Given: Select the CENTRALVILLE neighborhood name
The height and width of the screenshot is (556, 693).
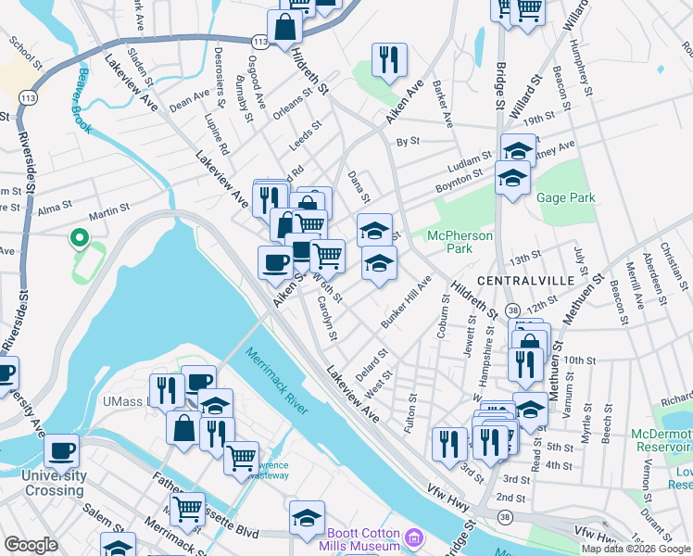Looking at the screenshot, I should coord(522,280).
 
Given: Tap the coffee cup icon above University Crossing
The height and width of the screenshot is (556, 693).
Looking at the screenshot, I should coord(61,451).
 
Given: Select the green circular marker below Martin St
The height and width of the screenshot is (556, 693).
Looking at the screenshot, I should coord(80,240).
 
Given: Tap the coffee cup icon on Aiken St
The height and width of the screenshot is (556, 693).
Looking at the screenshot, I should coord(274,262).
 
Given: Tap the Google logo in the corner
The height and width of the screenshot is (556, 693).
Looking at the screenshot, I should coord(31,545).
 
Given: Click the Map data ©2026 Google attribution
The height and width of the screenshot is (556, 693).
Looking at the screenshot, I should coord(635,549).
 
